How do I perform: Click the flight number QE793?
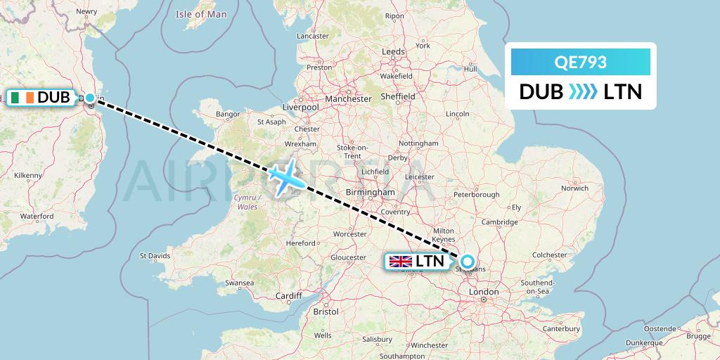point(580,63)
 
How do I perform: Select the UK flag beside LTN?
point(401,262)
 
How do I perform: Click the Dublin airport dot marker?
point(90,98)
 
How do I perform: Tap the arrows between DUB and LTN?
point(581,92)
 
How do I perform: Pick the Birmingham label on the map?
point(371,192)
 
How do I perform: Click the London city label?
point(484,292)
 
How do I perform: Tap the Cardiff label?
point(289,296)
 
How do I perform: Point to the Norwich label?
point(574,188)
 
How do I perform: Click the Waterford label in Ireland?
point(37,217)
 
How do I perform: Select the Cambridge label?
point(500,222)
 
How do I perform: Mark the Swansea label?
point(239,283)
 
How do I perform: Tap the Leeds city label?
point(393,52)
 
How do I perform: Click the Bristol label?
point(326,311)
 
